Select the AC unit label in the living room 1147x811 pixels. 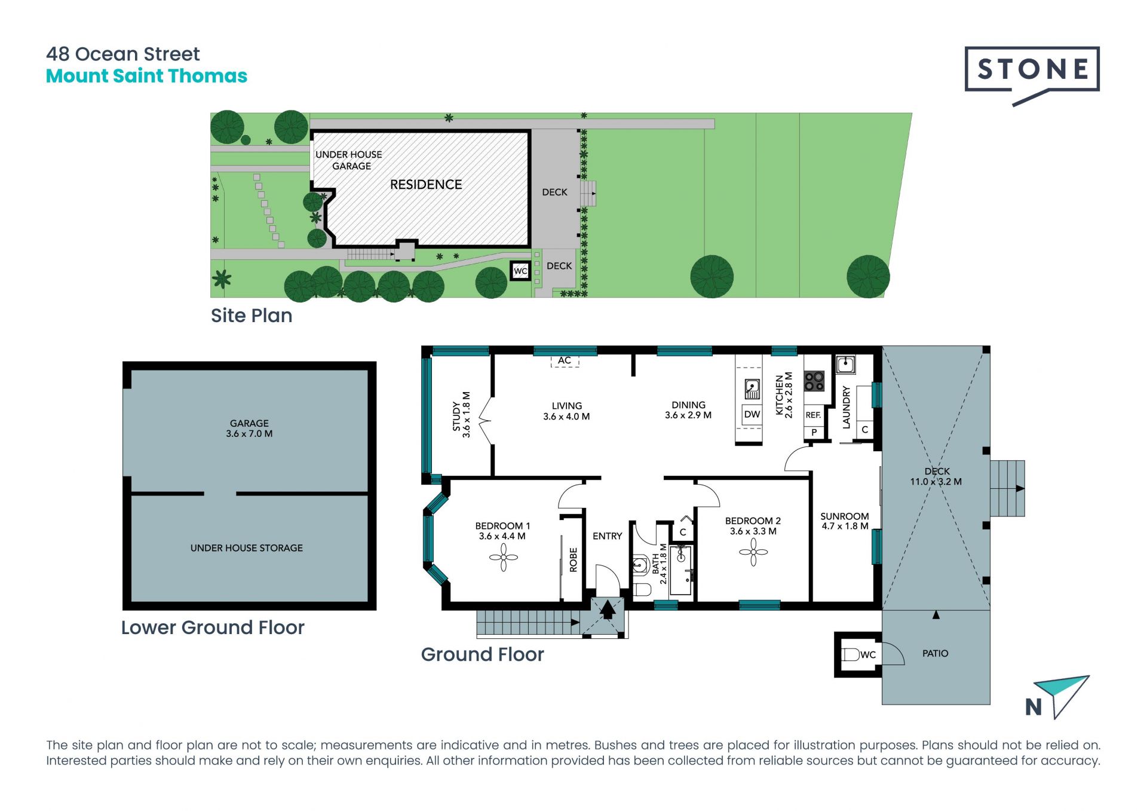point(565,360)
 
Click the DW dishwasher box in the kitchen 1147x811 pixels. point(752,414)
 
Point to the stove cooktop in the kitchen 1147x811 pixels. point(814,381)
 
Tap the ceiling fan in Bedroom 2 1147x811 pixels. point(753,552)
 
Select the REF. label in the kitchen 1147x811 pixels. point(813,415)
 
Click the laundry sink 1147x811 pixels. point(845,365)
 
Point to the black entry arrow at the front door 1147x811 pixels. point(608,610)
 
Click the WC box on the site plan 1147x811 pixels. point(520,271)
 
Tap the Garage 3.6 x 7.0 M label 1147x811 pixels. point(249,429)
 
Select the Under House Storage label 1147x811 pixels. point(247,548)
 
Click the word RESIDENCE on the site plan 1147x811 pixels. point(426,185)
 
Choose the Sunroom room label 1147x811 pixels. point(845,521)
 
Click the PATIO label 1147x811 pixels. point(936,654)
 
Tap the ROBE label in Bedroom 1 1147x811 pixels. point(573,560)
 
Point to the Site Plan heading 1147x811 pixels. point(252,316)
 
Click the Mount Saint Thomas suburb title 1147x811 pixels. point(146,76)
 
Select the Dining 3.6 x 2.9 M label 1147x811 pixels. point(688,410)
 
